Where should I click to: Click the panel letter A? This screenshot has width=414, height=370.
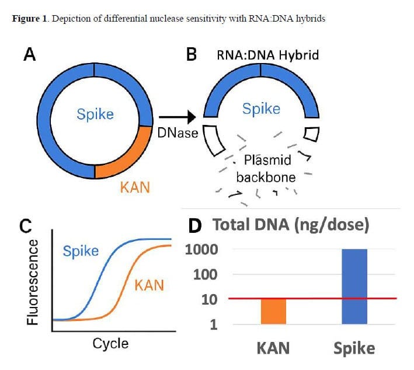point(30,55)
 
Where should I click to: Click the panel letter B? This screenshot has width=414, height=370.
point(191,55)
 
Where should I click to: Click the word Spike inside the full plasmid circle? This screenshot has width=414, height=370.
point(95,113)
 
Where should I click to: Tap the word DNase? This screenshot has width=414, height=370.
point(178,132)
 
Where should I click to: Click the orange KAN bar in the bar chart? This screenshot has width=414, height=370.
point(273,311)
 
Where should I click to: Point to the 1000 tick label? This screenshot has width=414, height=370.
point(201,250)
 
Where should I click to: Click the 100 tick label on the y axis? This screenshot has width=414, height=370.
point(205,274)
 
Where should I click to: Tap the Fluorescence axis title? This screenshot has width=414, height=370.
point(33,281)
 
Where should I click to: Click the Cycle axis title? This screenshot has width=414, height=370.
point(110,343)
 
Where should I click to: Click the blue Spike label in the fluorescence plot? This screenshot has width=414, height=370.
point(81,252)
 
